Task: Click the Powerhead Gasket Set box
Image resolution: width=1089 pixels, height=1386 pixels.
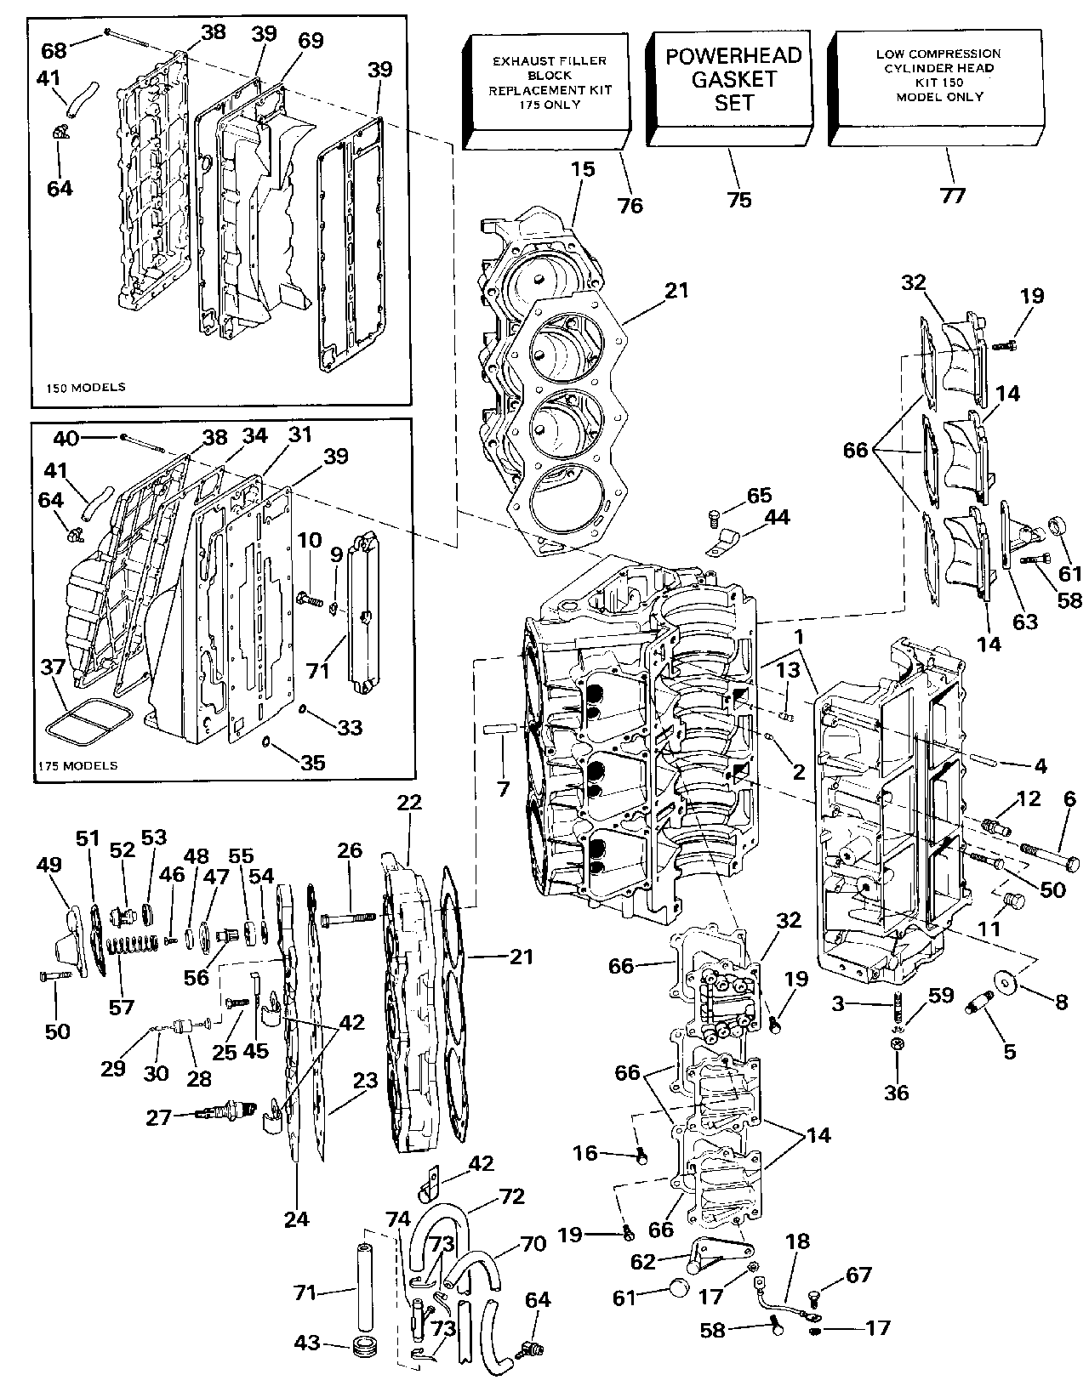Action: coord(730,88)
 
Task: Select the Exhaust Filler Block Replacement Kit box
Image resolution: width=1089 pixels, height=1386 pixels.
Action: coord(547,92)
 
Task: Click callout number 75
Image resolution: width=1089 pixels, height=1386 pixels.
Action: coord(739,200)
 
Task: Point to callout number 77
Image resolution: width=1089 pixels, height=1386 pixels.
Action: coord(953,196)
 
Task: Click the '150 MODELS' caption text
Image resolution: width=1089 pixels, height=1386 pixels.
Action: coord(85,387)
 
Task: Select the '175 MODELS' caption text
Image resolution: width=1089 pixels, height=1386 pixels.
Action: coord(77,765)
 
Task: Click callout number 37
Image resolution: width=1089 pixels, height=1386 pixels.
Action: coord(53,667)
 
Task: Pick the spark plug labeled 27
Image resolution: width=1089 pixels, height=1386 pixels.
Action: coord(226,1111)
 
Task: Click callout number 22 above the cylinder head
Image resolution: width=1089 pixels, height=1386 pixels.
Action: coord(409,803)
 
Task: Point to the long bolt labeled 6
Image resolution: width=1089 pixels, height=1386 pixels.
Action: coord(1049,856)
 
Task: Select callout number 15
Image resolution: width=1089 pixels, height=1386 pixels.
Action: coord(583,169)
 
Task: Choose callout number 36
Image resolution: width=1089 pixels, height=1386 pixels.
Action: coord(896,1092)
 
